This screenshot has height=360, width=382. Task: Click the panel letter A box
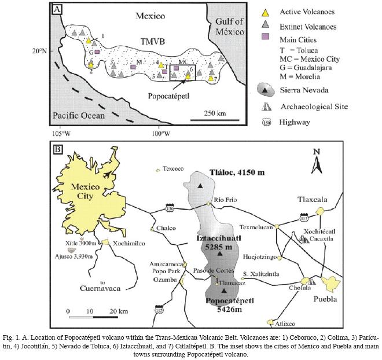tap(57, 9)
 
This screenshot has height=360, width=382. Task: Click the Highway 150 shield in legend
tap(265, 122)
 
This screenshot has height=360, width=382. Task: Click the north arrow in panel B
tap(316, 163)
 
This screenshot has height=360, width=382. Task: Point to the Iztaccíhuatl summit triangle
tap(220, 254)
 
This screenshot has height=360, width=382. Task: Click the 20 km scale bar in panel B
tap(90, 317)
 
